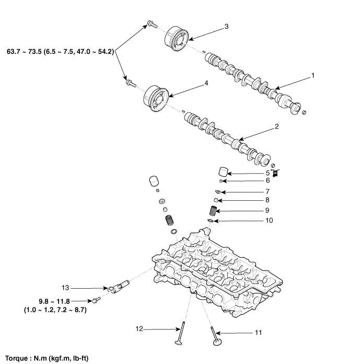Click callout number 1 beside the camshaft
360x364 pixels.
click(312, 75)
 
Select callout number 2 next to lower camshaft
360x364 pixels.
click(276, 127)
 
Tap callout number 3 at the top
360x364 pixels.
click(226, 26)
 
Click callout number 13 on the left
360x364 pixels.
click(65, 288)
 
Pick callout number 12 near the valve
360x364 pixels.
click(139, 329)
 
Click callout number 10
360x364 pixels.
click(269, 220)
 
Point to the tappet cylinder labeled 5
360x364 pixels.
click(224, 172)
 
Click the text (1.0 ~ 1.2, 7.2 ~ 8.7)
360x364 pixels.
click(55, 310)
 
